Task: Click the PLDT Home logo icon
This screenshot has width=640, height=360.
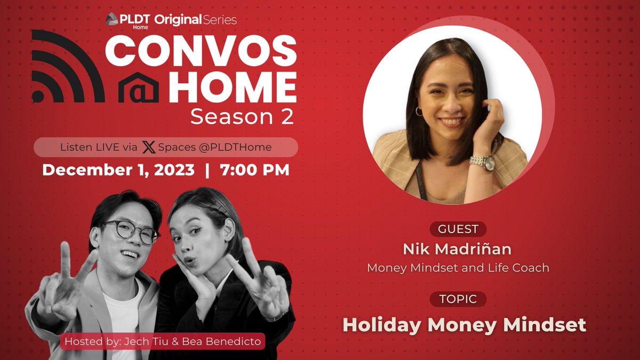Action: tap(111, 19)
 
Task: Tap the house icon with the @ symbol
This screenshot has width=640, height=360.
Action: tap(139, 88)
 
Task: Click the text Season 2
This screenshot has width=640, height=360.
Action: tap(242, 117)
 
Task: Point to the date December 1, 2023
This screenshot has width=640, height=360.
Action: tap(118, 170)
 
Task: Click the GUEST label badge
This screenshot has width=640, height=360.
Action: tap(458, 229)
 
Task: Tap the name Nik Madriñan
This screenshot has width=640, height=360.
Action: tap(458, 249)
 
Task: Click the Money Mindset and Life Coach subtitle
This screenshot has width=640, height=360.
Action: tap(458, 268)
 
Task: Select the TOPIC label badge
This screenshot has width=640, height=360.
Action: tap(458, 299)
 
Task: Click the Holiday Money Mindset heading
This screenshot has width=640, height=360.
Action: tap(464, 324)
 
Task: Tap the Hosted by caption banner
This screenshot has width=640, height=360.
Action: tap(163, 341)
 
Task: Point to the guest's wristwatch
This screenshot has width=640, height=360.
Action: tap(483, 162)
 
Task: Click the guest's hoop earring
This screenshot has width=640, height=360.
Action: tap(419, 111)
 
